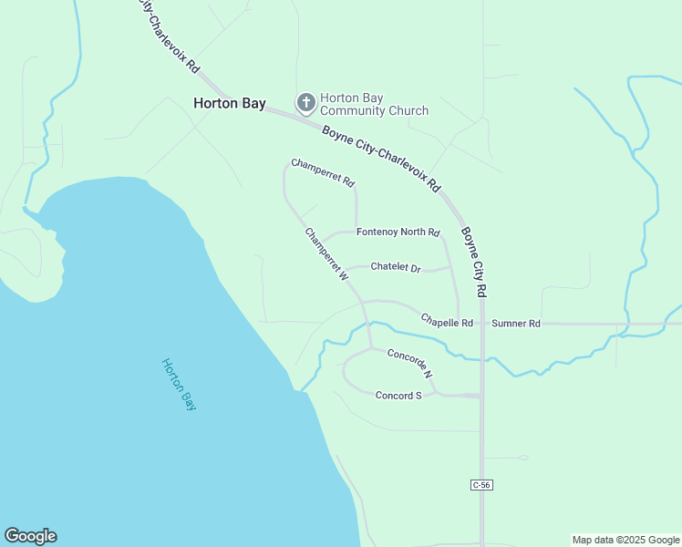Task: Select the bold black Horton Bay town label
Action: coord(229,103)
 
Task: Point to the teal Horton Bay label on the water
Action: coord(180,384)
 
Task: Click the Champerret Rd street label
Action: coord(323,173)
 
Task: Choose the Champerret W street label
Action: coord(327,253)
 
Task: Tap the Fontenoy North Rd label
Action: coord(398,232)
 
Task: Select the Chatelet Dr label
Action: coord(396,268)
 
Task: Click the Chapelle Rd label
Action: coord(447,323)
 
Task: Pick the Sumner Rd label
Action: coord(516,324)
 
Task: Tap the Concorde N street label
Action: coord(409,363)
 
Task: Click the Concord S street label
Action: coord(398,396)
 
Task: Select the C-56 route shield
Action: coord(482,485)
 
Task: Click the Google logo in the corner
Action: coord(30,536)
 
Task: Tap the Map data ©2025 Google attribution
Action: coord(625,540)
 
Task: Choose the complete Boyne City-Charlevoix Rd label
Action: coord(381,158)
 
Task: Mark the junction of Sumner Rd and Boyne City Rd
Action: coord(481,324)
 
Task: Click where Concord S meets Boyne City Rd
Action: coord(480,396)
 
